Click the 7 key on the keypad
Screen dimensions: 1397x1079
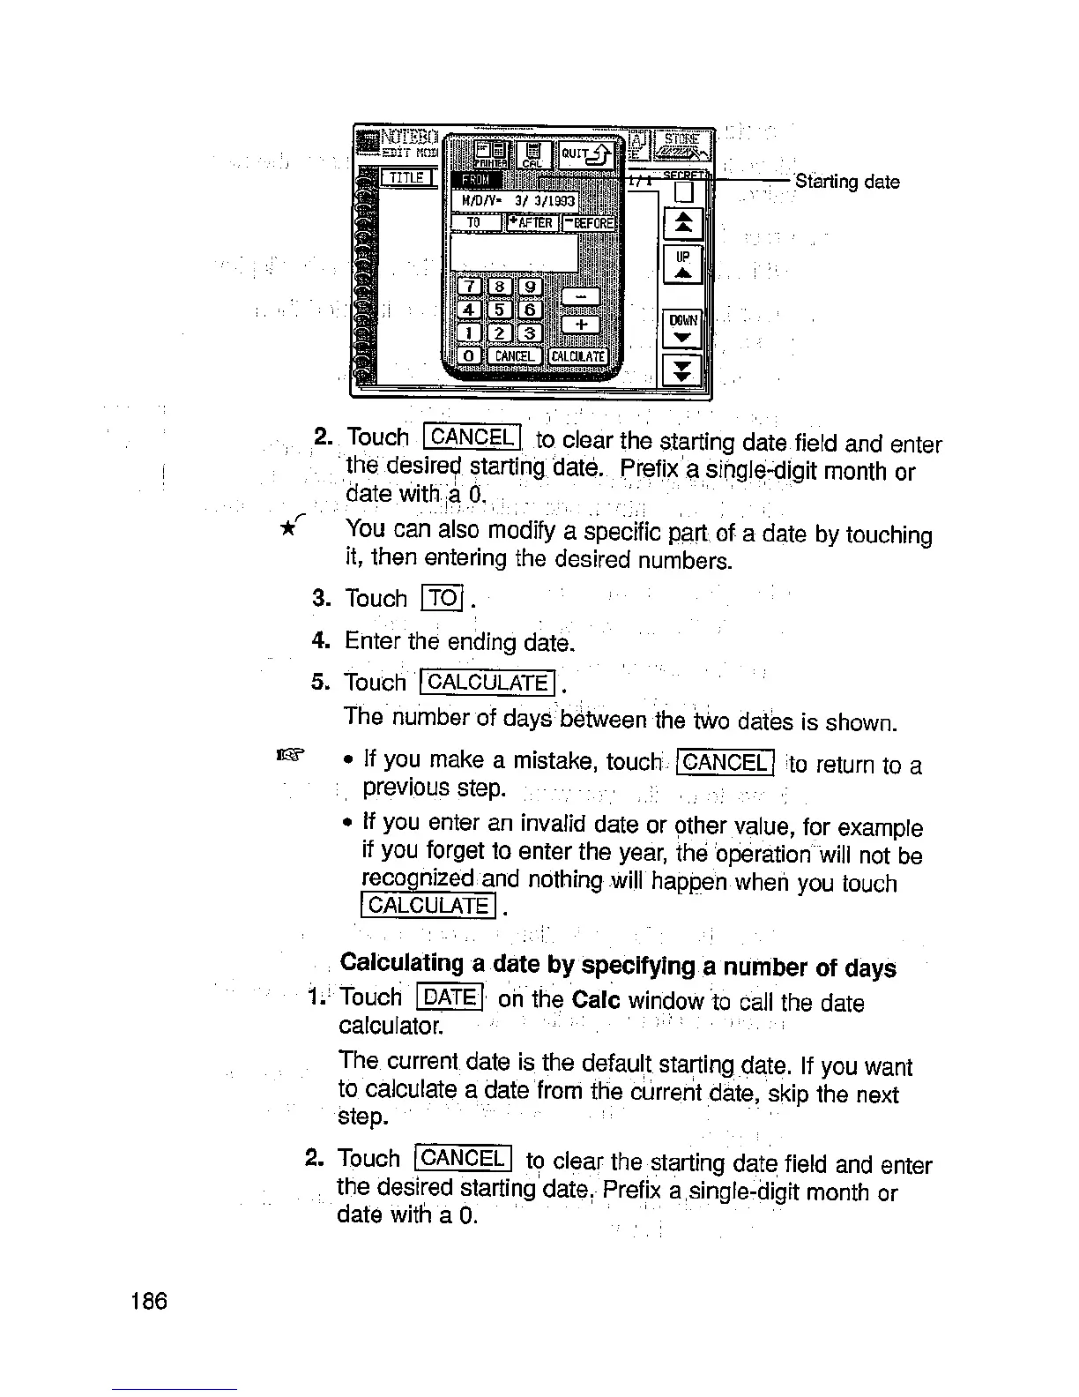click(x=472, y=287)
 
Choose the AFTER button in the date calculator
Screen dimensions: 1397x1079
click(x=532, y=223)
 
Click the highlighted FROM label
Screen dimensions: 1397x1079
click(x=477, y=182)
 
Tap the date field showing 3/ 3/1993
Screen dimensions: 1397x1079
click(x=516, y=202)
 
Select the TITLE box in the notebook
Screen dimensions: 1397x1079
click(x=407, y=179)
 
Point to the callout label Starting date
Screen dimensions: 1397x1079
click(x=847, y=183)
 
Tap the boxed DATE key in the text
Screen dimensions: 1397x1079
click(x=450, y=997)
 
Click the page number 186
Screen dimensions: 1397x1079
click(x=147, y=1301)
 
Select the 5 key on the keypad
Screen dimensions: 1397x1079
click(x=499, y=309)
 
